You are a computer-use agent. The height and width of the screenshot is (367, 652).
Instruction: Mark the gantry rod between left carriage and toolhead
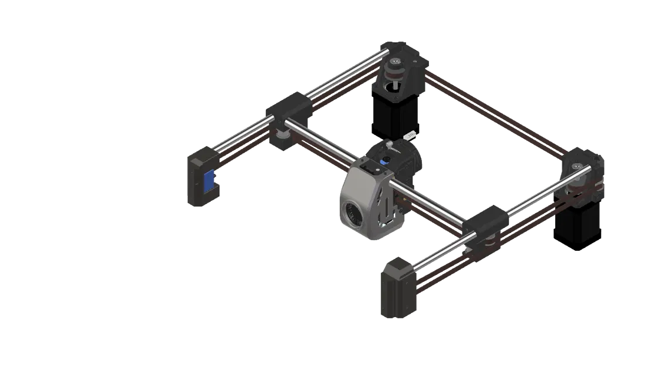pos(329,147)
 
